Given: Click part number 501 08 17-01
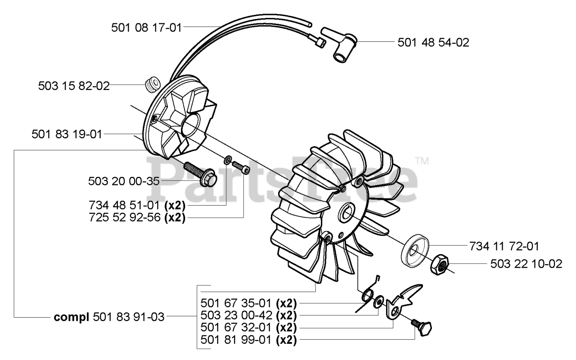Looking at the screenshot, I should pos(146,28).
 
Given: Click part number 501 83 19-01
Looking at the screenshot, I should pos(67,134).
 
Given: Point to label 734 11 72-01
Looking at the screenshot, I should pos(503,246).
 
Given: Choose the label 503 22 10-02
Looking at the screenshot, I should pos(526,264).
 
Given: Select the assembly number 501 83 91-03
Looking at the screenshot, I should pos(129,317).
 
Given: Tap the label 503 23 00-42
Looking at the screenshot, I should pos(236,315).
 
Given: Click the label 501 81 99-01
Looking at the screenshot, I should pos(236,340).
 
